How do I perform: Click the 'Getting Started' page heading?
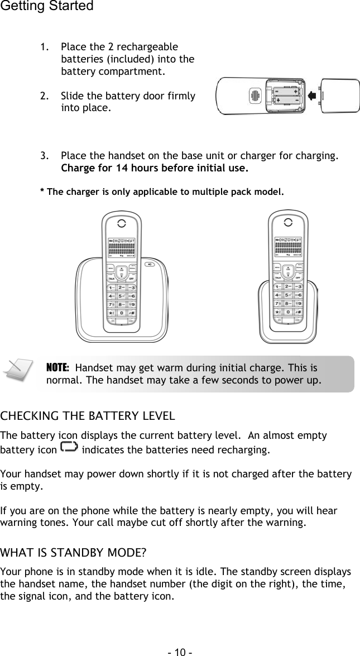(47, 7)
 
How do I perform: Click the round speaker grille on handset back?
(255, 96)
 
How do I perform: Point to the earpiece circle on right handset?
(287, 222)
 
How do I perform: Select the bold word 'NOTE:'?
(57, 368)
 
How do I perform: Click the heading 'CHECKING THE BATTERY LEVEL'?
(88, 416)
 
